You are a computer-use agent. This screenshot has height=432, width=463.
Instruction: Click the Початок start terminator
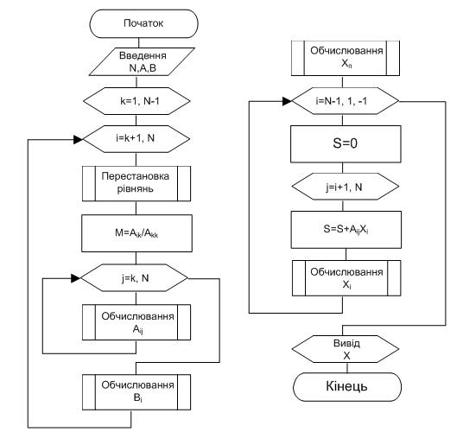click(x=143, y=23)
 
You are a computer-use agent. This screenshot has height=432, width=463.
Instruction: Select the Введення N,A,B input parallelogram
click(x=142, y=61)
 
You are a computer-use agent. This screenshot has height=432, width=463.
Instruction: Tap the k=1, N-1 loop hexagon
click(x=136, y=101)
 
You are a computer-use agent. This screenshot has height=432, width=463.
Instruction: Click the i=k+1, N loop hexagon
click(x=136, y=139)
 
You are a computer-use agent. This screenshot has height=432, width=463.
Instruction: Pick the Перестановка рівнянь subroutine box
click(x=136, y=184)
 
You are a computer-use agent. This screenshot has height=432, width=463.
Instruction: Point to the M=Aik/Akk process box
click(x=136, y=233)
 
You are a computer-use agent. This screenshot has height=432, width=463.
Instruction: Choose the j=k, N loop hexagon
click(x=134, y=278)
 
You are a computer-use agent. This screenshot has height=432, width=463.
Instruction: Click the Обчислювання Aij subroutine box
click(x=136, y=322)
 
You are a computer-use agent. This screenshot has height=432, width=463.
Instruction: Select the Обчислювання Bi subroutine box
click(x=136, y=392)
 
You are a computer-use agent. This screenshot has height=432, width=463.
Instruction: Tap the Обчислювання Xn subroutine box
click(x=346, y=58)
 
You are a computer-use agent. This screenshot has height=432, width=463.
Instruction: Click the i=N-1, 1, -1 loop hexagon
click(x=346, y=101)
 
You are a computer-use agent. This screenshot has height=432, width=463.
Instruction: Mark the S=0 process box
click(x=346, y=144)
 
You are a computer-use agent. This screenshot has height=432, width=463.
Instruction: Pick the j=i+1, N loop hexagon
click(x=346, y=187)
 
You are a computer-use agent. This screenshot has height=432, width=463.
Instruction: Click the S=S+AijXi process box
click(x=346, y=230)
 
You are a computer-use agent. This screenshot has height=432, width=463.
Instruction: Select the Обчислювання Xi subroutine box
click(x=346, y=278)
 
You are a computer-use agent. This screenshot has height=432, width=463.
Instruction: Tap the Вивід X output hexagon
click(x=346, y=349)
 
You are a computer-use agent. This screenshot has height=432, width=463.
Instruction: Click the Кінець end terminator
click(x=347, y=387)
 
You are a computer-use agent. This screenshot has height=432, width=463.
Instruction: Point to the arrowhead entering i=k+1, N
click(x=79, y=139)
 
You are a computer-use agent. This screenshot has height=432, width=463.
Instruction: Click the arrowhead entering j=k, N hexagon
click(x=76, y=278)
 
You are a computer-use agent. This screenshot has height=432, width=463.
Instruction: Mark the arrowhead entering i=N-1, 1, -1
click(x=287, y=101)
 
